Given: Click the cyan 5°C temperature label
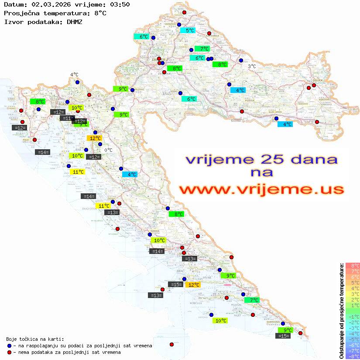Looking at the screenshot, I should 188,31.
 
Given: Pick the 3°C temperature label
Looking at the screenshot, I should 252,66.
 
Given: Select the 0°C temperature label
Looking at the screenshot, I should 109,151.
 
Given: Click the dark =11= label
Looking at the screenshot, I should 67,118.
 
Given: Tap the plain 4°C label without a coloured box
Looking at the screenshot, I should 74,75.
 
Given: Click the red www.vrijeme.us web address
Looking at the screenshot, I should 262,190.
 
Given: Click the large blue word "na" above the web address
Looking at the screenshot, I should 262,173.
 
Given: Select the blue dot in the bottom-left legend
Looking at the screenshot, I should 9,346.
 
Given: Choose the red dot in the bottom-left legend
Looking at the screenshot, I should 9,352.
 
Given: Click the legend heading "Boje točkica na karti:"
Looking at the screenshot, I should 35,339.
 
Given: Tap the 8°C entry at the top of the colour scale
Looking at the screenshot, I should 353,266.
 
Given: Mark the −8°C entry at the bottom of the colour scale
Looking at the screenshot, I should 353,356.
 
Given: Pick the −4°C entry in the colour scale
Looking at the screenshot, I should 353,333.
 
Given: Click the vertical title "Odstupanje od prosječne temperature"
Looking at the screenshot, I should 341,311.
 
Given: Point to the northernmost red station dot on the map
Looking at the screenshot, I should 184,13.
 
